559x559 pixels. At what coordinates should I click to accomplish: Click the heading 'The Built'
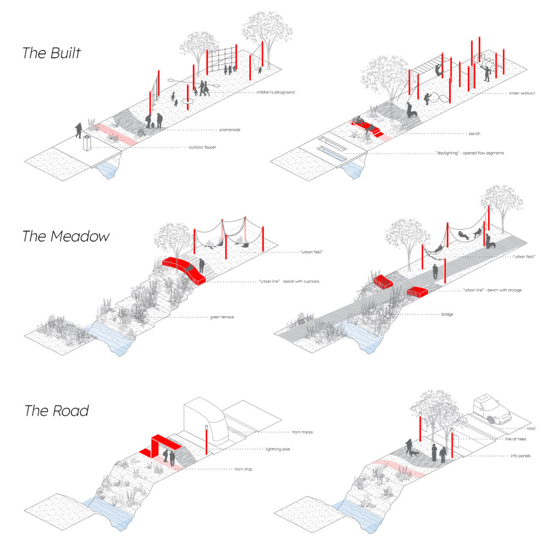click(52, 53)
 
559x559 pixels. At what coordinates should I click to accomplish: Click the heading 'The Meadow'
click(66, 236)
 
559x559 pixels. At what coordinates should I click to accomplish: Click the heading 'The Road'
click(57, 411)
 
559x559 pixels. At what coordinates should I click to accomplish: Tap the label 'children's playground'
click(276, 92)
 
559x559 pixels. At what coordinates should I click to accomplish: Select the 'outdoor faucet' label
click(202, 147)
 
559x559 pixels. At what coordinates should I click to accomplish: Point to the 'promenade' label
click(230, 130)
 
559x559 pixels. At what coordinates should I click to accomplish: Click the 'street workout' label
click(522, 93)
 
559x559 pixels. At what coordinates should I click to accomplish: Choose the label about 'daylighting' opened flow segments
click(470, 153)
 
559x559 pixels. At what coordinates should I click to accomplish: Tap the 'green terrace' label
click(222, 317)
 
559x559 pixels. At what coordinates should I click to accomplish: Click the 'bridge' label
click(447, 314)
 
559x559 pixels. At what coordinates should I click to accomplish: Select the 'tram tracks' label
click(302, 432)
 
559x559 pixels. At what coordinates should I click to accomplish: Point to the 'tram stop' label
click(243, 469)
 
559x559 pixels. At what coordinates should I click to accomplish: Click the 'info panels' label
click(520, 456)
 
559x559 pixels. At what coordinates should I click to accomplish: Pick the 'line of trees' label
click(515, 439)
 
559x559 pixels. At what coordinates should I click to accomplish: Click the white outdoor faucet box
click(87, 144)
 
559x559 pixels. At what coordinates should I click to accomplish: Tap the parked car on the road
click(492, 409)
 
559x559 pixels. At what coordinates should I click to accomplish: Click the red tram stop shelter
click(160, 445)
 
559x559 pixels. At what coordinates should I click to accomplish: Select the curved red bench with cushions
click(184, 270)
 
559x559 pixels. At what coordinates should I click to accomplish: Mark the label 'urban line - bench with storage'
click(492, 290)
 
